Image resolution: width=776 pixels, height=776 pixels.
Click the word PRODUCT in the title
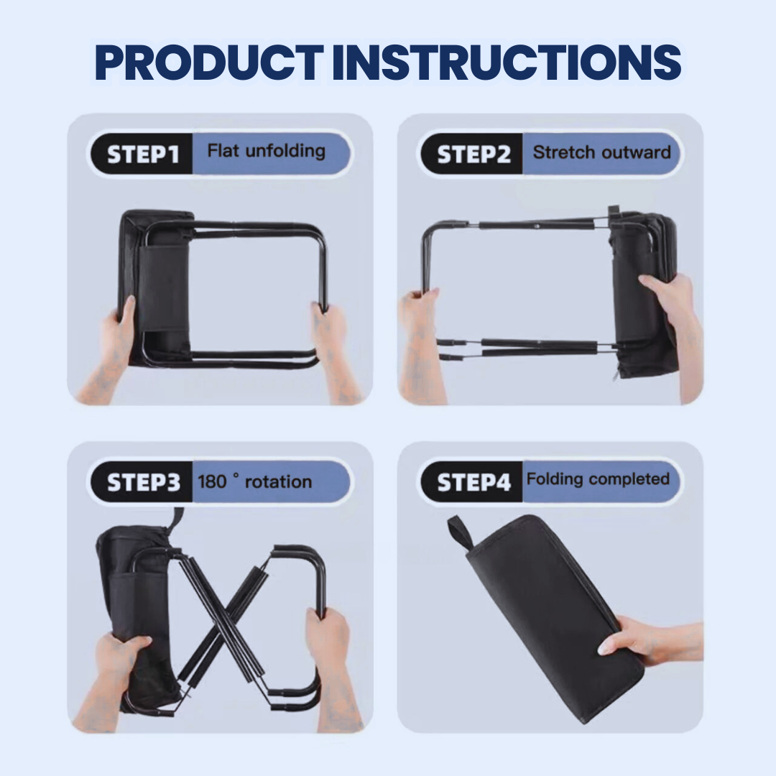coord(209,63)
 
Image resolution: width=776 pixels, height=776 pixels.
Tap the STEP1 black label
coord(142,154)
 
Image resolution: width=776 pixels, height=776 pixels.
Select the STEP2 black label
coord(473,154)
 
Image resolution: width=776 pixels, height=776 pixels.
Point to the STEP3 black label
coord(142,482)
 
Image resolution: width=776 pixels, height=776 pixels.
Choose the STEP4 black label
coord(473,482)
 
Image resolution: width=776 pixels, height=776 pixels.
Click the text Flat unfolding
coord(267,151)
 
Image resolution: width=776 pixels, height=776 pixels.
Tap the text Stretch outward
coord(602,152)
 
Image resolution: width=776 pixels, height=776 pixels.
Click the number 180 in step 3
coord(212,481)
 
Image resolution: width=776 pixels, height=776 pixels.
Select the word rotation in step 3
coord(278,481)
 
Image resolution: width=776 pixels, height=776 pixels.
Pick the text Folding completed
coord(598,479)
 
